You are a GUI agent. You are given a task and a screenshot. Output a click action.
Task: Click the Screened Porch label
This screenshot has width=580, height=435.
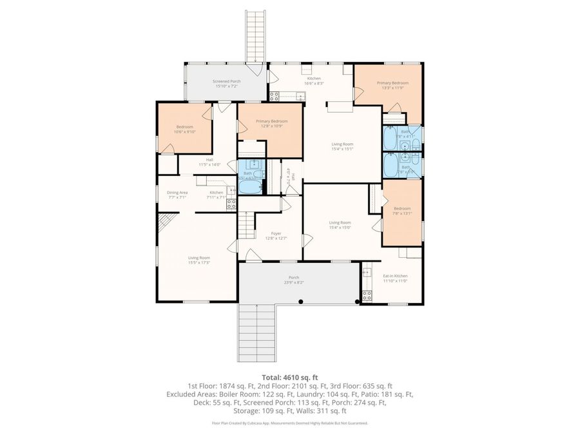click(227, 82)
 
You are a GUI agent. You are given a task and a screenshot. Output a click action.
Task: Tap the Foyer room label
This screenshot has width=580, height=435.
click(276, 234)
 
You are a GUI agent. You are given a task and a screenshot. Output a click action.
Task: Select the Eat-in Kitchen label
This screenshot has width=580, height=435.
click(396, 276)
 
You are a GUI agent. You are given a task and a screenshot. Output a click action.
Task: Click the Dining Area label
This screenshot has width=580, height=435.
click(177, 193)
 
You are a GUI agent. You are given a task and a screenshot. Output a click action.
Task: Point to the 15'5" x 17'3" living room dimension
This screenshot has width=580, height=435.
click(199, 262)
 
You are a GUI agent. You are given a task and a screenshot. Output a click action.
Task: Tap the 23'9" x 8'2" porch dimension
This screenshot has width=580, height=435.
click(293, 282)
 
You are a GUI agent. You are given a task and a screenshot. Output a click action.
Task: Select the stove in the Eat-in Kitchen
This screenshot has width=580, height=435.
click(367, 296)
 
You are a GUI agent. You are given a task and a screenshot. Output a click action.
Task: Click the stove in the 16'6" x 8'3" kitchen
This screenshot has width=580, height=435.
click(274, 97)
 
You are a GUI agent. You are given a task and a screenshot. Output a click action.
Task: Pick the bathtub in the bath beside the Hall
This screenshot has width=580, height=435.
click(251, 187)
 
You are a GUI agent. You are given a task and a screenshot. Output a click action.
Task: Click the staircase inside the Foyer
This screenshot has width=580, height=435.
click(246, 226)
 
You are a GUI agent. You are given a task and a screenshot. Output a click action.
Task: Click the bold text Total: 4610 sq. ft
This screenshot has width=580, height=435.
click(290, 377)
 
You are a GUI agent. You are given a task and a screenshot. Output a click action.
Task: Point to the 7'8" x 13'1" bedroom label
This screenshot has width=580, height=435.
click(402, 211)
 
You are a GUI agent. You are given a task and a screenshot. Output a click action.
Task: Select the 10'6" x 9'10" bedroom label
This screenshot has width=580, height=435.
click(184, 129)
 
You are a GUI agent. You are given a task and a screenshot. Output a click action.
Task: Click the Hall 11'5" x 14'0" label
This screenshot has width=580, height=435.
click(209, 162)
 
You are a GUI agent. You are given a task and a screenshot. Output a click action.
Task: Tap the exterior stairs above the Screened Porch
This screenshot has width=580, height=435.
click(256, 35)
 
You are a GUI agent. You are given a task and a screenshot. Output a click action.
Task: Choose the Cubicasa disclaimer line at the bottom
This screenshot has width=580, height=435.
click(290, 423)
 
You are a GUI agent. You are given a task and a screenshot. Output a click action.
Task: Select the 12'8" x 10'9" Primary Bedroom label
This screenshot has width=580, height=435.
click(271, 123)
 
